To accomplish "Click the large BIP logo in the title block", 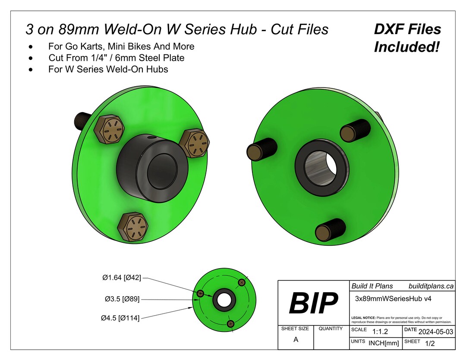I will point(313,303).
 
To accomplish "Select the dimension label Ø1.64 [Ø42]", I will point(122,278).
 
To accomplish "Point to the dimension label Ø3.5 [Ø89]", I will point(123,298).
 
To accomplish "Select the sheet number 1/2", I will point(430,344).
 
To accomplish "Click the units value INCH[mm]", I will point(384,344).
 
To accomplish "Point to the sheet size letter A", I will point(296,339).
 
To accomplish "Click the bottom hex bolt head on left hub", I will point(133,226).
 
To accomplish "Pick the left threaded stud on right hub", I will point(261,150).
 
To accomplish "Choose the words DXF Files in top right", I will point(407,30).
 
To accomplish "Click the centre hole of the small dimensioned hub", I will point(224,300).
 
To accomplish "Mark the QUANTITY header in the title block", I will point(331,329).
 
